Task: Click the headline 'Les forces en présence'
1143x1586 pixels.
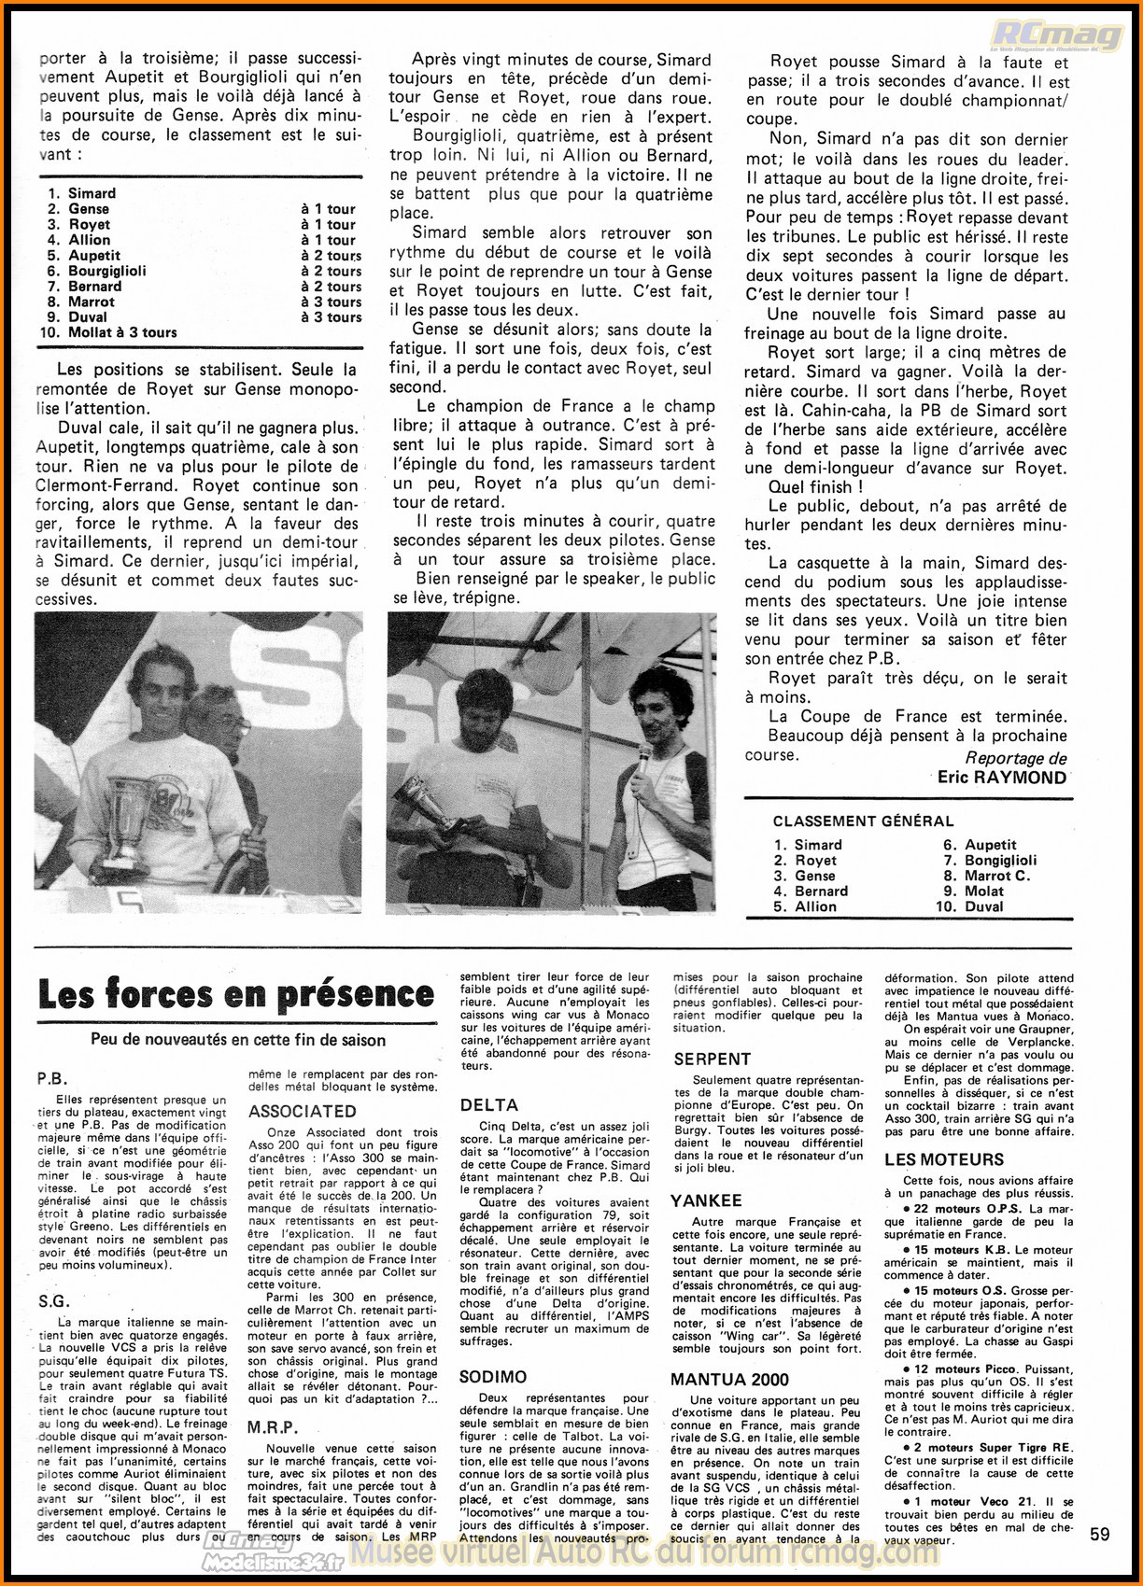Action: tap(236, 995)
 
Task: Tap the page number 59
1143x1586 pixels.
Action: tap(1100, 1535)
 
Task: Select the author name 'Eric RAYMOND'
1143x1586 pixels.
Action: tap(1002, 778)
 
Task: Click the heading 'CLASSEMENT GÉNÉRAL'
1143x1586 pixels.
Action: tap(863, 821)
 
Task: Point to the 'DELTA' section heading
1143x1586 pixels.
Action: tap(488, 1105)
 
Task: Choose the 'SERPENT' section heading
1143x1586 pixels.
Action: tap(713, 1060)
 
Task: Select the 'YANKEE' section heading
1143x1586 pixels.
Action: tap(706, 1201)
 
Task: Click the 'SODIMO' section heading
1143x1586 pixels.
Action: tap(493, 1377)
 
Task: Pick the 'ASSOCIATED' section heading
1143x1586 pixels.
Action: tap(303, 1112)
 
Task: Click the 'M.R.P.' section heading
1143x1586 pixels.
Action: tap(273, 1428)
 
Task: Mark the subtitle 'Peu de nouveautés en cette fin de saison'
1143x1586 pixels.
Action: tap(238, 1040)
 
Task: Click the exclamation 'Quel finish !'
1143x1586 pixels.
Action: tap(815, 487)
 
